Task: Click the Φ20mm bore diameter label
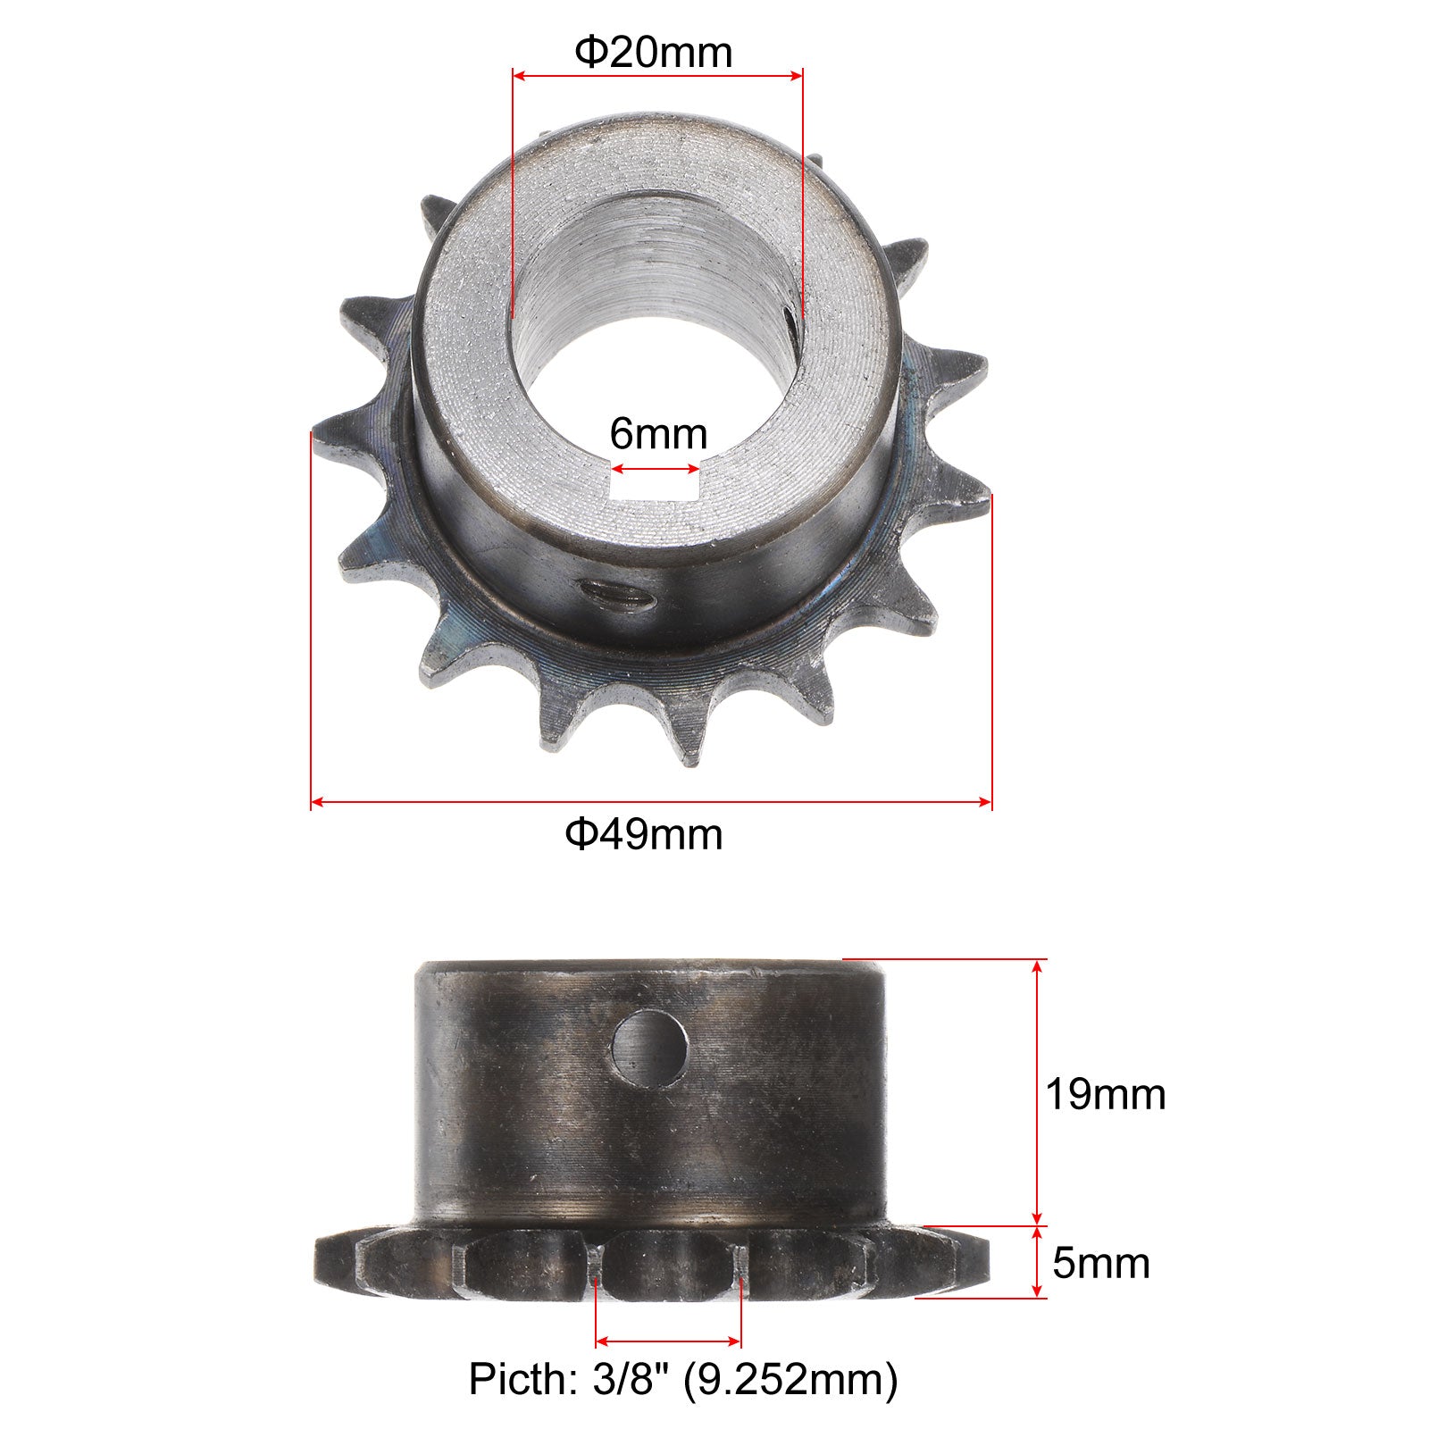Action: click(654, 53)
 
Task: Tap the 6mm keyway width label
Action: click(658, 435)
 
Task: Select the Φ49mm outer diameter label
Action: click(643, 834)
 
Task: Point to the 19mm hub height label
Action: click(1106, 1095)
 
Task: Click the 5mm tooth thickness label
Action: click(1101, 1263)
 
